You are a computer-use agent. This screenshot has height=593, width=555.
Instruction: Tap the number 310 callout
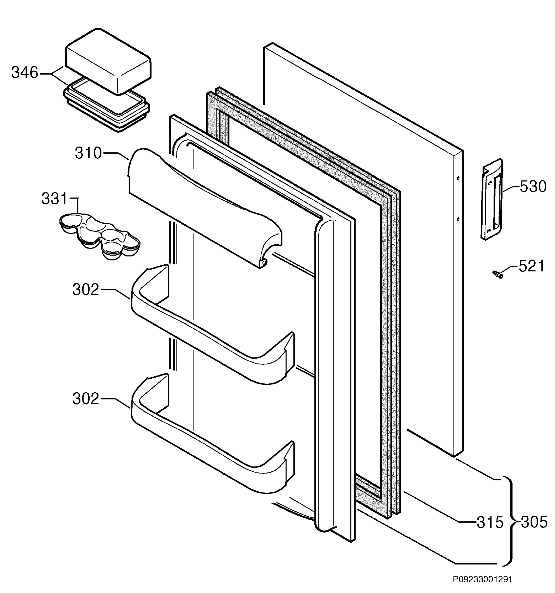click(88, 153)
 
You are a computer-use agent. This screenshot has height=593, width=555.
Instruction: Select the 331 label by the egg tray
click(55, 199)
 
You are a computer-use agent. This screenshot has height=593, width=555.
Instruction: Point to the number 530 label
click(533, 187)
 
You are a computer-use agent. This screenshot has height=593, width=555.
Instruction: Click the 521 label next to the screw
click(531, 266)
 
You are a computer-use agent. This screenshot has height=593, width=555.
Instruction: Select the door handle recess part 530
click(492, 199)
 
